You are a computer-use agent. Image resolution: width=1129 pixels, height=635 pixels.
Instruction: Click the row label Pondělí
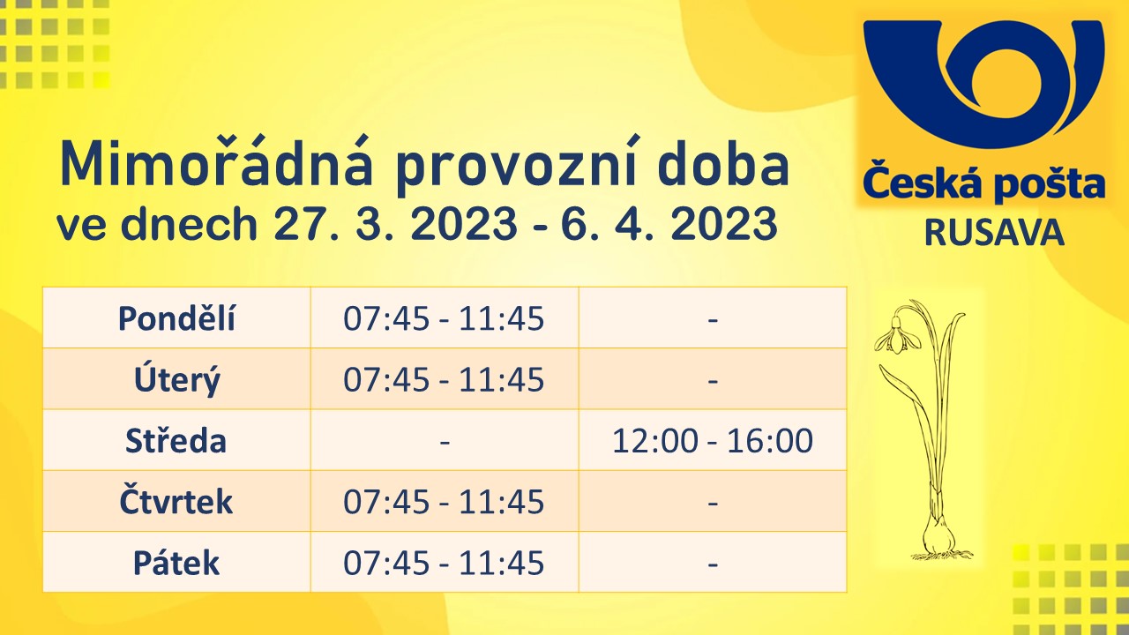[176, 318]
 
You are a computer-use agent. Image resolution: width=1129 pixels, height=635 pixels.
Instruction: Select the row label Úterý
[177, 379]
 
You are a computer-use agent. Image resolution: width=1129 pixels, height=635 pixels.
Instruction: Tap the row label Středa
[176, 440]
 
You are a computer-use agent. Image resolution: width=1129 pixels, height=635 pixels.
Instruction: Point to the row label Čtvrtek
[176, 500]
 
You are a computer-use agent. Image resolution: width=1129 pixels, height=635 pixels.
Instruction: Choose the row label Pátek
[176, 563]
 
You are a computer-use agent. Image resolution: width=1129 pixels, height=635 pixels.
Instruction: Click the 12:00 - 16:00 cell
[712, 440]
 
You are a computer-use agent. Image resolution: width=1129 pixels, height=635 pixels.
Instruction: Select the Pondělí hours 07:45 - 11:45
[444, 318]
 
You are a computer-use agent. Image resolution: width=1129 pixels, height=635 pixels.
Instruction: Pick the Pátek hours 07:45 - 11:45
[444, 563]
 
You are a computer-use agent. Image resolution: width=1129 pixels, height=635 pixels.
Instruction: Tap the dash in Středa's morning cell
[445, 443]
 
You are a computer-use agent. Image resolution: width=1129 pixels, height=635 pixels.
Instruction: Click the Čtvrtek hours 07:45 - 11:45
[444, 502]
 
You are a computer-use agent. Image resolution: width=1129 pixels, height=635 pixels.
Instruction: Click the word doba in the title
[723, 164]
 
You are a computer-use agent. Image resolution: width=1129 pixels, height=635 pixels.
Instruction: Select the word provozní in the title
[515, 167]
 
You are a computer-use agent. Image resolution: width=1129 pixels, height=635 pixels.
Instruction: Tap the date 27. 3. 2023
[395, 223]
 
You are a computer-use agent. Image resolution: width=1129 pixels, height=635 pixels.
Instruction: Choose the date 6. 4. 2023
[669, 223]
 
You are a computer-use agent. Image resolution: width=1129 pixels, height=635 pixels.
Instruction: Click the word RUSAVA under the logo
[994, 234]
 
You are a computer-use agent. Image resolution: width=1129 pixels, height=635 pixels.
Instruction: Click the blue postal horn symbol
[984, 84]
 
